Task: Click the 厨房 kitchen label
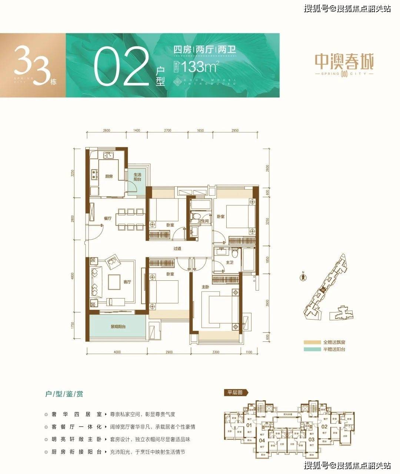click(x=109, y=176)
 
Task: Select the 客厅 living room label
click(x=127, y=282)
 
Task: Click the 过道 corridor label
click(x=177, y=248)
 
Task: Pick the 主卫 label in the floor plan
click(x=229, y=262)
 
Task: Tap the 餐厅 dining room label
click(x=107, y=218)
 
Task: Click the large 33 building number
click(x=31, y=66)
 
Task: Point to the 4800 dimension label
click(x=73, y=276)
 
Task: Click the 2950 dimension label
click(x=234, y=131)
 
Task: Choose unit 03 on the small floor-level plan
click(x=311, y=439)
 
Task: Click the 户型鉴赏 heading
click(x=63, y=394)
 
